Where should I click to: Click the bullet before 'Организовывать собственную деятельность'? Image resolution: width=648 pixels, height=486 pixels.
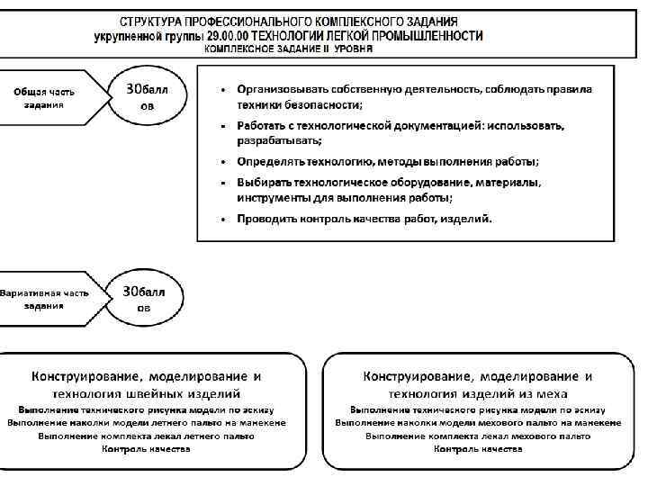pos(223,90)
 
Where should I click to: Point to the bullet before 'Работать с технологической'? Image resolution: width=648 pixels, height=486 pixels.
pos(223,126)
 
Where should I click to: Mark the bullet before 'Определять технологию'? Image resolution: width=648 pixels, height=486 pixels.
pos(223,162)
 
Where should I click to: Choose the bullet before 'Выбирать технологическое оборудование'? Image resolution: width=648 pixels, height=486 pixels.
pos(223,183)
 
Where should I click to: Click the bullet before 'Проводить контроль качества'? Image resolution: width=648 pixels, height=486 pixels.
pos(223,219)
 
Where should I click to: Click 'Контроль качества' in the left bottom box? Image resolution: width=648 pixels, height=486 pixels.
pos(147,448)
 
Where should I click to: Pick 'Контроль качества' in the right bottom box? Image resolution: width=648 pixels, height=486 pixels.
pos(477,448)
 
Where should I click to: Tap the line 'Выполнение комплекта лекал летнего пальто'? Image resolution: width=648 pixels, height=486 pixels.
pos(147,436)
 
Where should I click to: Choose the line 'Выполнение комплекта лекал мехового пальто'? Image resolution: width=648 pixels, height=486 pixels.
pos(477,436)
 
